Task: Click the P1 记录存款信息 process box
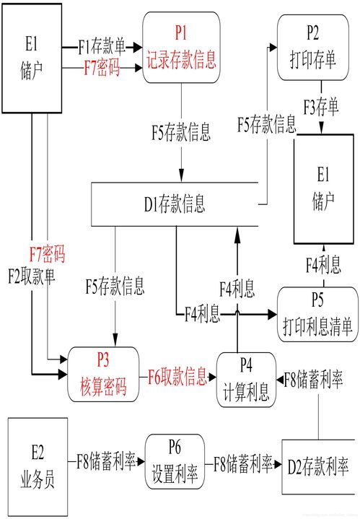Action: pos(181,48)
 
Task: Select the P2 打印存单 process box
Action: pos(312,48)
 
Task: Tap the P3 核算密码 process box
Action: pos(103,375)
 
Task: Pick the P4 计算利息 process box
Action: pos(246,380)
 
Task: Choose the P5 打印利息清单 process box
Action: pos(317,315)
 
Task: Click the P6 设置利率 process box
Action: pos(175,461)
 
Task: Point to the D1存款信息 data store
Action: pos(175,204)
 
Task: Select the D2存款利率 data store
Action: pos(318,467)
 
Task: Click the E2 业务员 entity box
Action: pos(38,467)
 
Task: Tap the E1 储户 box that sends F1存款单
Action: pos(32,58)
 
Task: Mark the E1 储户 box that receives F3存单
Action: pos(324,189)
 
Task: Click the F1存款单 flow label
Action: pos(102,47)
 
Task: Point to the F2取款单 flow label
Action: pos(32,276)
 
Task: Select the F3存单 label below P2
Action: pos(321,107)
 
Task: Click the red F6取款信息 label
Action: pos(177,376)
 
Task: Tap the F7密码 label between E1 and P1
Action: pos(102,68)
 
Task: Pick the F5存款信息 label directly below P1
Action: pos(181,132)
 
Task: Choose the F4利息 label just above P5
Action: pos(323,265)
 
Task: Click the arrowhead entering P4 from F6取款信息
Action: pos(212,377)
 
